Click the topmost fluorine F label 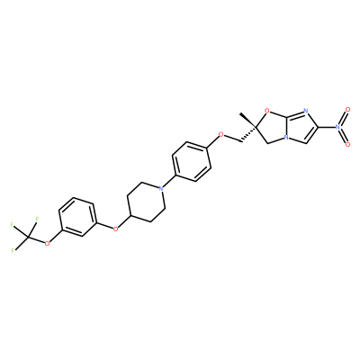[x=37, y=219]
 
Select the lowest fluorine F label [x=13, y=250]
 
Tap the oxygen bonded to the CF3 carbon [x=47, y=243]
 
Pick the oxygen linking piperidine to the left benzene [x=115, y=229]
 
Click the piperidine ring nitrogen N [x=161, y=188]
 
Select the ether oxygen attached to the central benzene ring [x=221, y=134]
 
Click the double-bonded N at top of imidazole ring [x=305, y=112]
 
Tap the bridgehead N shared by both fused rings [x=287, y=139]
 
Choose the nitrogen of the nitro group [x=337, y=127]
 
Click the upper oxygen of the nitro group [x=347, y=110]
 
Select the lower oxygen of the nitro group [x=347, y=145]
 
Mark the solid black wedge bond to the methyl [x=247, y=121]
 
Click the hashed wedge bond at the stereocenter [x=248, y=134]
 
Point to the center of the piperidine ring [x=146, y=202]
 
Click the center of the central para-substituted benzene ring [x=191, y=161]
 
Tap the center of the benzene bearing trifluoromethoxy [x=77, y=217]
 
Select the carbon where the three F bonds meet [x=29, y=238]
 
